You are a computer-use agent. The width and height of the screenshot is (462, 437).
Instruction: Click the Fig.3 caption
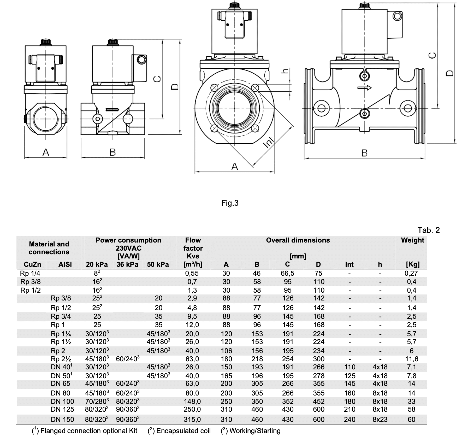coord(230,203)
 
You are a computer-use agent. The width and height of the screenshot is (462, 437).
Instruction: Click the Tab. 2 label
coord(429,230)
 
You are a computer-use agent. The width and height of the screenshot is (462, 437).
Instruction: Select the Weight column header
coord(412,240)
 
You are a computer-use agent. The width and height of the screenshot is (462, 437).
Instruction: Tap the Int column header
coord(349,264)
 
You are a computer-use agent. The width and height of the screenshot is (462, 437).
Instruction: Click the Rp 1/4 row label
coord(30,273)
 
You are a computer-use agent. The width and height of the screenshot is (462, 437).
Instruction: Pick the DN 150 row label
coord(62,420)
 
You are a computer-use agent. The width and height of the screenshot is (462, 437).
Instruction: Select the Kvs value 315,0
coord(192,420)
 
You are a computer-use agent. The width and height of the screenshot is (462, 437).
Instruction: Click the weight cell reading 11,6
coord(412,359)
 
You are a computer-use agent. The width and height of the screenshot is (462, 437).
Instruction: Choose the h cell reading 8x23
coord(380,420)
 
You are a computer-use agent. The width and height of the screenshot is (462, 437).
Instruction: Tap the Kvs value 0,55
coord(192,273)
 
